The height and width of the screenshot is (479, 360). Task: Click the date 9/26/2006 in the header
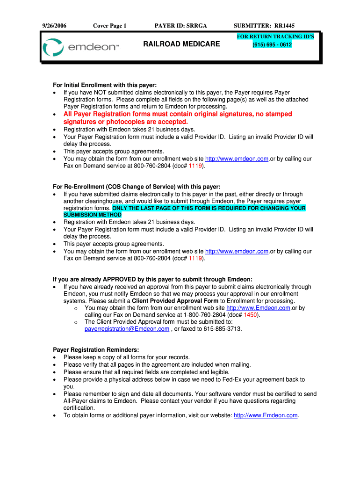click(x=54, y=26)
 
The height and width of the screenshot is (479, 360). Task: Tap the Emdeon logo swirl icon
click(x=52, y=48)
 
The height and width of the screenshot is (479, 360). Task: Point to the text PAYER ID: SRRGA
click(x=180, y=26)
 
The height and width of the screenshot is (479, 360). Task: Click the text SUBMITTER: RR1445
click(x=264, y=26)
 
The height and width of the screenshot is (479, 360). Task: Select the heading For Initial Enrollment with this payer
click(x=105, y=85)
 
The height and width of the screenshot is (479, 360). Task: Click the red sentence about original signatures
click(x=178, y=118)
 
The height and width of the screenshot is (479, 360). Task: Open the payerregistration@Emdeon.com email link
click(x=127, y=329)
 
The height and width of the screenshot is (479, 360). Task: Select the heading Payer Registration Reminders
click(x=96, y=350)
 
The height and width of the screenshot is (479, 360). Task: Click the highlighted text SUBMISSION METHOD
click(x=92, y=215)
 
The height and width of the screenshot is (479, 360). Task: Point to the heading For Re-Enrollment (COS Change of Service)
click(x=133, y=187)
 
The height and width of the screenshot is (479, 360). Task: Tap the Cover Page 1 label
click(x=110, y=26)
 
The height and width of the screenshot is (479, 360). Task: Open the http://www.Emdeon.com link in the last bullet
click(x=266, y=415)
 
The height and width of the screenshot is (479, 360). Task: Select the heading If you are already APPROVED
click(x=152, y=279)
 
